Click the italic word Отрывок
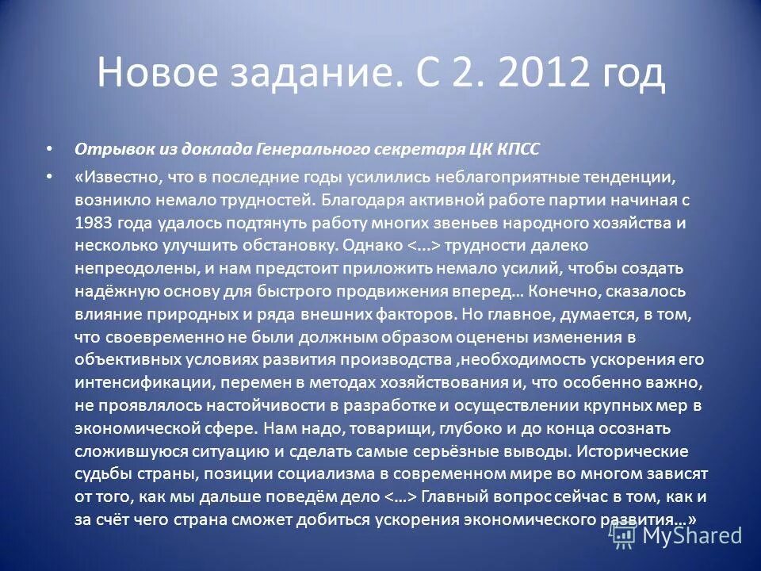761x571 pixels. [x=108, y=149]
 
